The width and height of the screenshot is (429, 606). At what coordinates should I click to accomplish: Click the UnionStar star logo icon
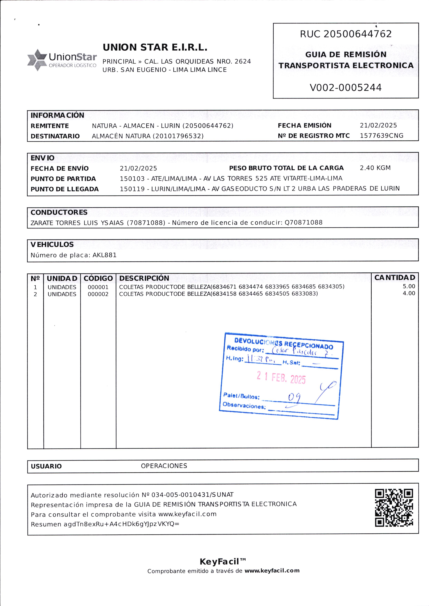pos(37,60)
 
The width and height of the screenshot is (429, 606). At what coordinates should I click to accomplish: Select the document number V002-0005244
pos(346,87)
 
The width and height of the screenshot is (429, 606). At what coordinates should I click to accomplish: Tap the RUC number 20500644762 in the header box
pos(357,34)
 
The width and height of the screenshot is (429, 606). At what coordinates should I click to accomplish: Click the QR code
pos(394,508)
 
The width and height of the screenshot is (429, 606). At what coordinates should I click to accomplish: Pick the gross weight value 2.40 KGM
pos(375,168)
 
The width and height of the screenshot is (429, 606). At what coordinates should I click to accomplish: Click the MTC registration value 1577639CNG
pos(382,136)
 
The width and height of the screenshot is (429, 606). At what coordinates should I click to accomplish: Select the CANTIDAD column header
pos(395,278)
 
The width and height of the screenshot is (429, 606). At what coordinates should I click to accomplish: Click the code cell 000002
pos(98,294)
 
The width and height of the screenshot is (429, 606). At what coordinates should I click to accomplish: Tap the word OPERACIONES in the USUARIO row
pos(164,466)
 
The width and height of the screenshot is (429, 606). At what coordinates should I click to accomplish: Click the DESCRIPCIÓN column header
pos(144,278)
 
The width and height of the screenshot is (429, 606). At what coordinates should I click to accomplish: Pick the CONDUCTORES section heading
pos(59,212)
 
